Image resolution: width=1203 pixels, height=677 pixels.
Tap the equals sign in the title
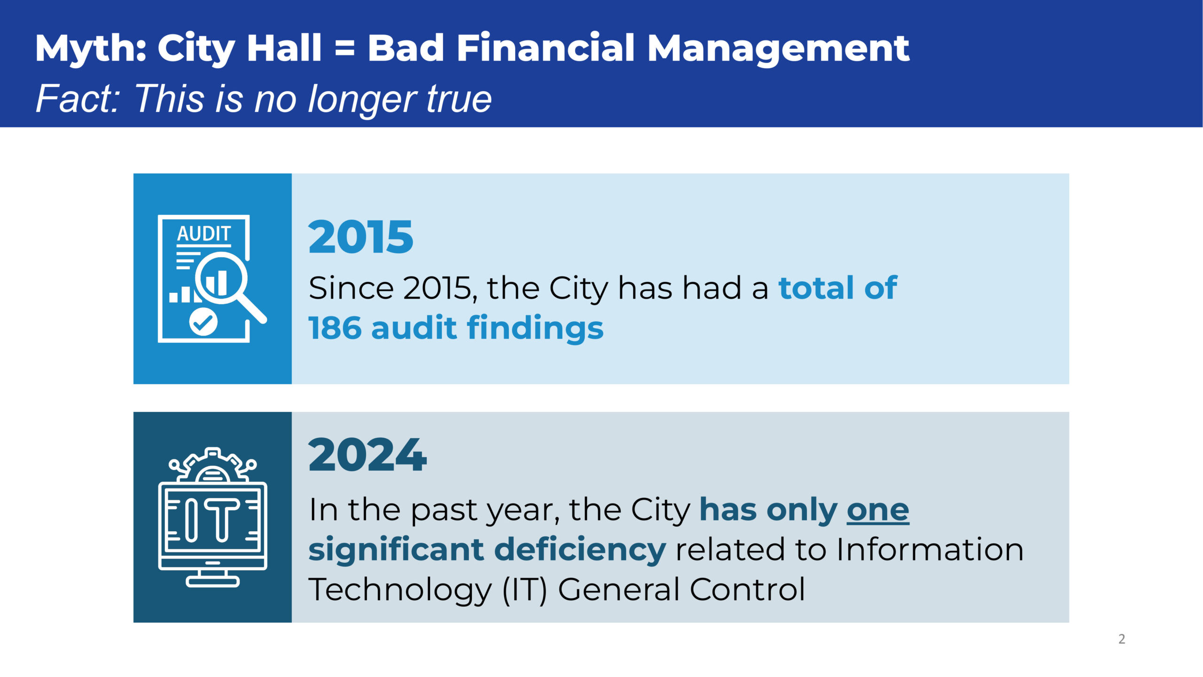pyautogui.click(x=345, y=48)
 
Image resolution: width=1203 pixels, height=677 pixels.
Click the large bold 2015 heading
pyautogui.click(x=361, y=237)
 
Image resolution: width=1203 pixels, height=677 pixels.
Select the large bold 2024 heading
pyautogui.click(x=367, y=455)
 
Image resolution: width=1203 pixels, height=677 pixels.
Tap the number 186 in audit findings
pyautogui.click(x=335, y=328)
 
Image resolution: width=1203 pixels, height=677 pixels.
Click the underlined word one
pyautogui.click(x=878, y=510)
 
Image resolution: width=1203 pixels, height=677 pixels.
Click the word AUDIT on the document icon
pyautogui.click(x=204, y=234)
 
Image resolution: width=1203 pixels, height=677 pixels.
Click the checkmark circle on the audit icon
pyautogui.click(x=203, y=322)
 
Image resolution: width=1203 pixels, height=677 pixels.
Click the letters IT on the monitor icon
pyautogui.click(x=212, y=520)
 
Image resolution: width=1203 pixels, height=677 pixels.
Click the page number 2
pyautogui.click(x=1122, y=639)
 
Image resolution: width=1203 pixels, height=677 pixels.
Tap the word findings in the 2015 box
pyautogui.click(x=535, y=328)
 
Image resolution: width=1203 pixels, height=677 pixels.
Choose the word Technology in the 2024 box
pyautogui.click(x=400, y=590)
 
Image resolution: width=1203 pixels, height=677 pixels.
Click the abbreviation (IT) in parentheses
pyautogui.click(x=525, y=590)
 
